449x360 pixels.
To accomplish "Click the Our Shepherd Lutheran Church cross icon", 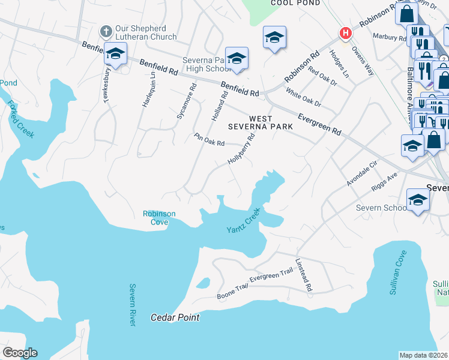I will click(106, 31).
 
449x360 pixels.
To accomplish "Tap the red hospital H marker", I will click(345, 34).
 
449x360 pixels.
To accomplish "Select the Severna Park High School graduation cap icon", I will click(237, 58).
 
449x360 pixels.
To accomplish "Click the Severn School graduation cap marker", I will click(417, 200).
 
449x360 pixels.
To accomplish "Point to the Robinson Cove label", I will click(159, 218).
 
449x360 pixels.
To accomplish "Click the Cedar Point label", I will click(175, 317).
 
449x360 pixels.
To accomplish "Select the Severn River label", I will click(132, 305).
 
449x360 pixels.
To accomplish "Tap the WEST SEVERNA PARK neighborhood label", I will click(261, 122).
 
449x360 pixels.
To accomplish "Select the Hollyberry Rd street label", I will click(242, 149).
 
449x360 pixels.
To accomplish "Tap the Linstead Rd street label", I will click(304, 275).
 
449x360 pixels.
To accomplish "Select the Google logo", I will click(20, 353).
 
